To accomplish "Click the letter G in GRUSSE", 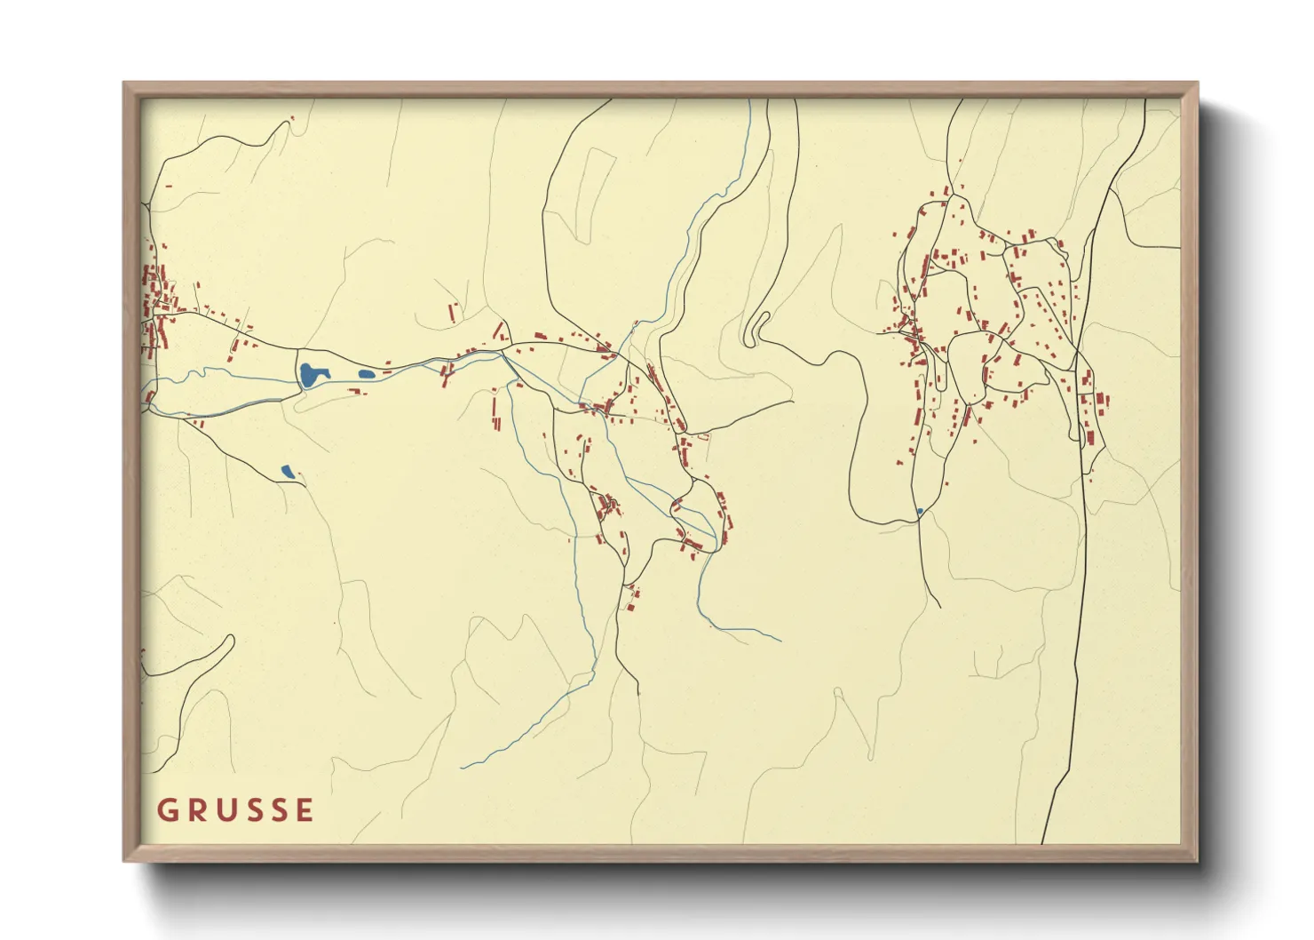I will (166, 810).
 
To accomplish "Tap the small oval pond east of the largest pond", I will (366, 374).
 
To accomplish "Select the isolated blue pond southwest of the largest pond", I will (287, 472).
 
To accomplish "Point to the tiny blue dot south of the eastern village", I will (920, 511).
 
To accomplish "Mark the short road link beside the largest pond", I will (297, 373).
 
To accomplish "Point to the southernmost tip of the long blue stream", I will (463, 767).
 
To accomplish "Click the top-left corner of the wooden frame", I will (124, 84).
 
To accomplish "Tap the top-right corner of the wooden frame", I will (1198, 84).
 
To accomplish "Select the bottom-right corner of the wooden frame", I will (1198, 861).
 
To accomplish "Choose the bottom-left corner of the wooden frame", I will (124, 861).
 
